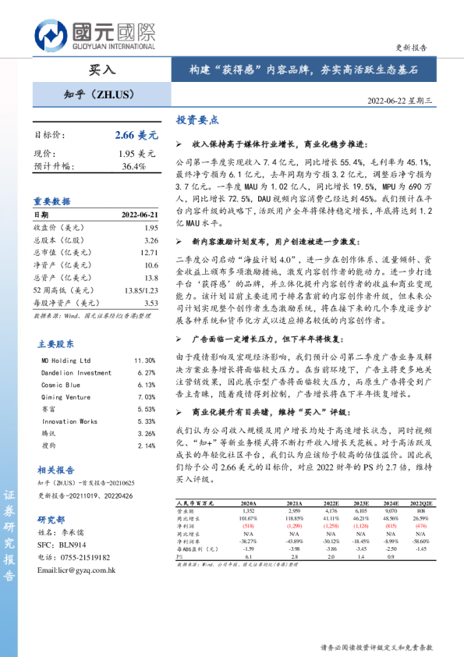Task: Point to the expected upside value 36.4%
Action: coord(134,166)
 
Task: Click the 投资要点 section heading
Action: coord(197,121)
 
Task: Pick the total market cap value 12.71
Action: coord(150,253)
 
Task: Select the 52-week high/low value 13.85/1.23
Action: coord(141,290)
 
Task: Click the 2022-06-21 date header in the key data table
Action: coord(140,215)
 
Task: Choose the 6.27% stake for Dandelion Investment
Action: coord(146,373)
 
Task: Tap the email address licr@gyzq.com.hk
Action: coord(76,570)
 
